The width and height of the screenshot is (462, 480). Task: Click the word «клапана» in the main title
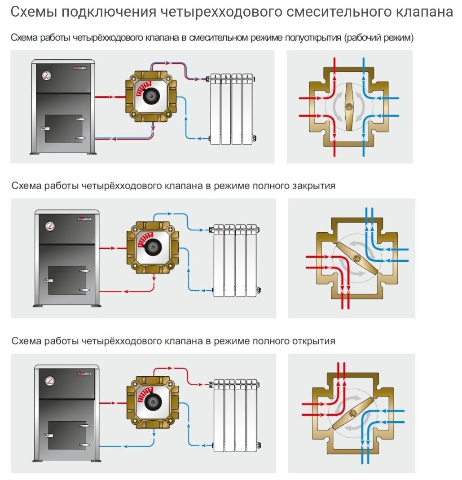pyautogui.click(x=425, y=12)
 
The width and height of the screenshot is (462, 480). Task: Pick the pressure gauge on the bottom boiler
pyautogui.click(x=49, y=382)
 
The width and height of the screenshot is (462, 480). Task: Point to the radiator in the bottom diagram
pyautogui.click(x=235, y=414)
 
